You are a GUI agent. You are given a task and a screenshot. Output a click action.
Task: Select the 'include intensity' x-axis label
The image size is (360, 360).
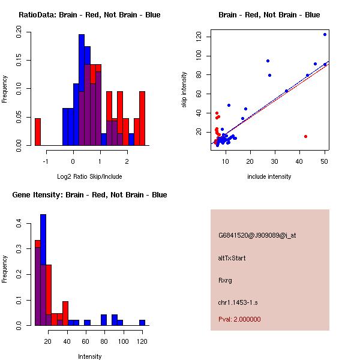tap(269, 177)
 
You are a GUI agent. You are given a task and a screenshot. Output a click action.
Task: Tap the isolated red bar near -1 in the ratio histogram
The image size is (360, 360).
tap(38, 131)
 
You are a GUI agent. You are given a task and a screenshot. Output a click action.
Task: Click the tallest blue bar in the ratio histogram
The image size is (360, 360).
tap(82, 90)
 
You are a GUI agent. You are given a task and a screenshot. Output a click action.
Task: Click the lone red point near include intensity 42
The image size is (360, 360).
tap(305, 136)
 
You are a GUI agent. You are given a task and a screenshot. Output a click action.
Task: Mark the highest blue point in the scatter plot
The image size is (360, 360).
tap(325, 35)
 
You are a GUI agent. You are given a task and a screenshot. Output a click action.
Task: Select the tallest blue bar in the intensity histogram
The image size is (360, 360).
tap(43, 269)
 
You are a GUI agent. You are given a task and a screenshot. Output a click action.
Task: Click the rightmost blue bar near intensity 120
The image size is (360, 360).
tap(142, 322)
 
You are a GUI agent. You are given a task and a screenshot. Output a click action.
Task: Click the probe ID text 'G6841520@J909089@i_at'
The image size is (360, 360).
tap(257, 235)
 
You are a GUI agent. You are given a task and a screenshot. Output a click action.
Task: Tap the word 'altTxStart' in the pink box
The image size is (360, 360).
tap(232, 258)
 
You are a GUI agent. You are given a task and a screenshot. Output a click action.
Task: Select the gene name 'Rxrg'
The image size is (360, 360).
tap(225, 280)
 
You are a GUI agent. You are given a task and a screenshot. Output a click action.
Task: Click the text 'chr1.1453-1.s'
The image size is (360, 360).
tap(236, 302)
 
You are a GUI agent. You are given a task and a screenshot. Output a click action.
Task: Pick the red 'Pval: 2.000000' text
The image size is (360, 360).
tap(239, 319)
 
